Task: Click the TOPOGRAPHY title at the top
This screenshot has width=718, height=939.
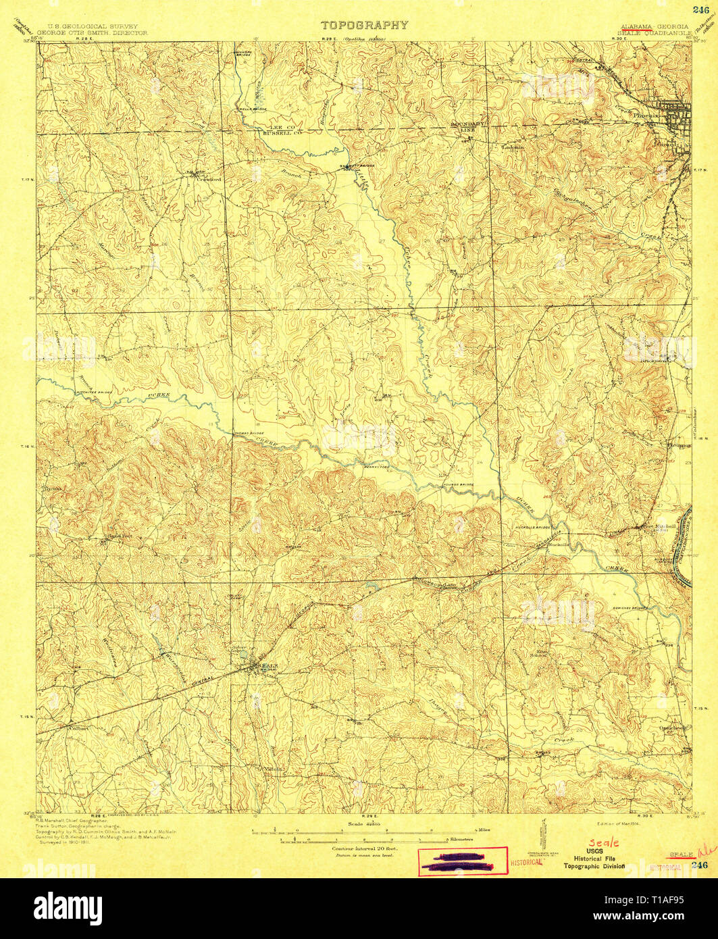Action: [364, 25]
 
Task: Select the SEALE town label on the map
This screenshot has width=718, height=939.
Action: [266, 666]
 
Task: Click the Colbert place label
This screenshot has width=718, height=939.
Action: [77, 729]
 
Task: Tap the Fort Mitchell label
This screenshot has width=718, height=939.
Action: [648, 526]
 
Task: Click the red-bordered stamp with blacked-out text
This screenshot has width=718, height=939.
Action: [463, 861]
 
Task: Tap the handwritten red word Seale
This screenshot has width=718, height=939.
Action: [600, 843]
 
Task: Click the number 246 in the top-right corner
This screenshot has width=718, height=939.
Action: [700, 9]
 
